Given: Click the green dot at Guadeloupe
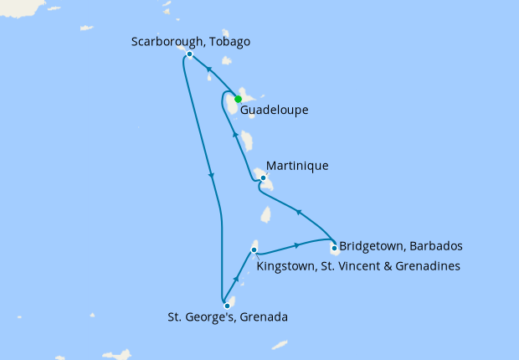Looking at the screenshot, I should point(239,99).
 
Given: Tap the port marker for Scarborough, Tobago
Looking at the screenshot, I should point(190,54).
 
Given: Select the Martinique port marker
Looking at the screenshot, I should point(263,178).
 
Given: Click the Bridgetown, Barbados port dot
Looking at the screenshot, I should point(334,248).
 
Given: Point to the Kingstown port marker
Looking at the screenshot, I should point(254,249).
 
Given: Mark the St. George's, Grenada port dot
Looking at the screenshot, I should point(227,306).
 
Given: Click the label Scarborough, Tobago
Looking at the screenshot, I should point(191,41).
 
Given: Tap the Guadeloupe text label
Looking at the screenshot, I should point(273,111).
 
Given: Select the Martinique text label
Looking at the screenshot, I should point(296,166).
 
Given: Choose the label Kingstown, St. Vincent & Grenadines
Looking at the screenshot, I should point(358,266).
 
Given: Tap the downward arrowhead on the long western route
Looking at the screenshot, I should point(212,177).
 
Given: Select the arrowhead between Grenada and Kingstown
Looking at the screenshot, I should point(238,278).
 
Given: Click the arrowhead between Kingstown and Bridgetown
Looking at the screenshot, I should point(297,246).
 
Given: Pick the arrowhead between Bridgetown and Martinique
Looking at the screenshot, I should point(298,211).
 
